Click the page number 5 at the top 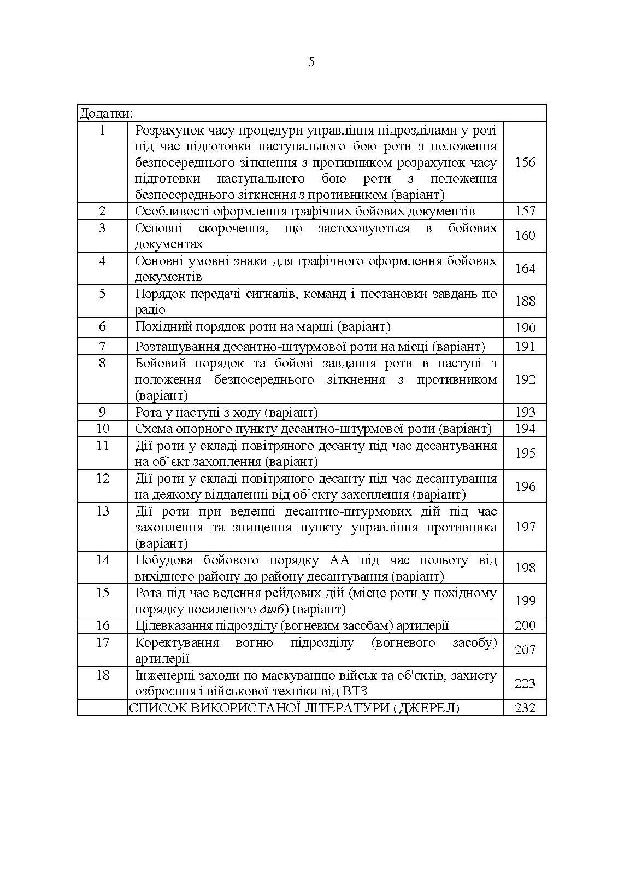(311, 62)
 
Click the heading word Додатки (105, 113)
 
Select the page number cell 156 (525, 162)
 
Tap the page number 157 (525, 211)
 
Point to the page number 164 (525, 268)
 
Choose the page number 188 (525, 301)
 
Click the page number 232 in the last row (525, 708)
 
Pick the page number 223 (525, 683)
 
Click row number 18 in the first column (103, 675)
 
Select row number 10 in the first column (103, 429)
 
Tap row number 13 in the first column (103, 511)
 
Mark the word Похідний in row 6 (161, 327)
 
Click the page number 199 (525, 601)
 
